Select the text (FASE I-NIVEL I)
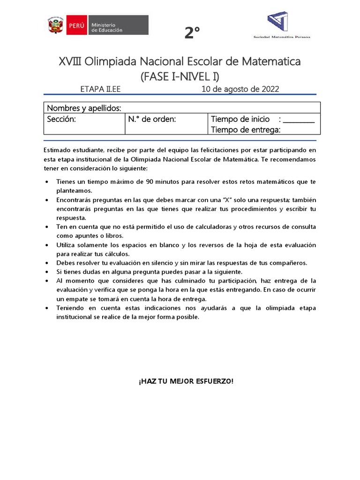(x=180, y=76)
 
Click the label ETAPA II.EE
(x=101, y=89)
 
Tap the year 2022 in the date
(x=270, y=89)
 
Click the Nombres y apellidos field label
(x=84, y=108)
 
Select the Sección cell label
(x=61, y=119)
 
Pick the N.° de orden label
(x=152, y=119)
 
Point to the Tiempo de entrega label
(x=246, y=130)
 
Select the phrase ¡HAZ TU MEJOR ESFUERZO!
(x=186, y=381)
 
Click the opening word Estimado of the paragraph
(x=59, y=150)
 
